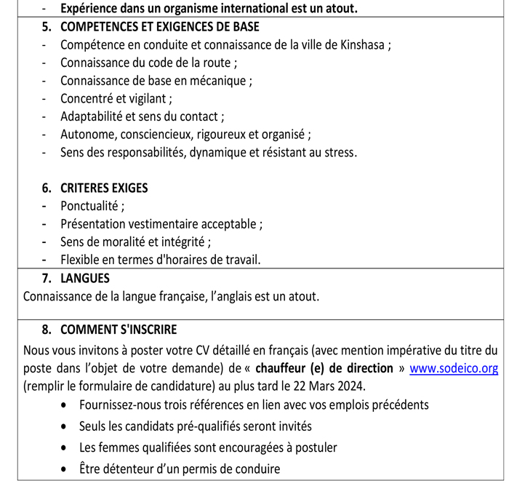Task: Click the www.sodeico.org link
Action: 454,368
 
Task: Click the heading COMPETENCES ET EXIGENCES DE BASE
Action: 159,27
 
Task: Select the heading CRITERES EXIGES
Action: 104,188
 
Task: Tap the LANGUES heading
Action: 85,278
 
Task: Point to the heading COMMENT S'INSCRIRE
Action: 119,330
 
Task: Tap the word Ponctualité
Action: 90,206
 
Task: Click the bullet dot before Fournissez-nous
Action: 68,405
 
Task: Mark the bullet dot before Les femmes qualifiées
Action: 68,448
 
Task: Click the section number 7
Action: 47,278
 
